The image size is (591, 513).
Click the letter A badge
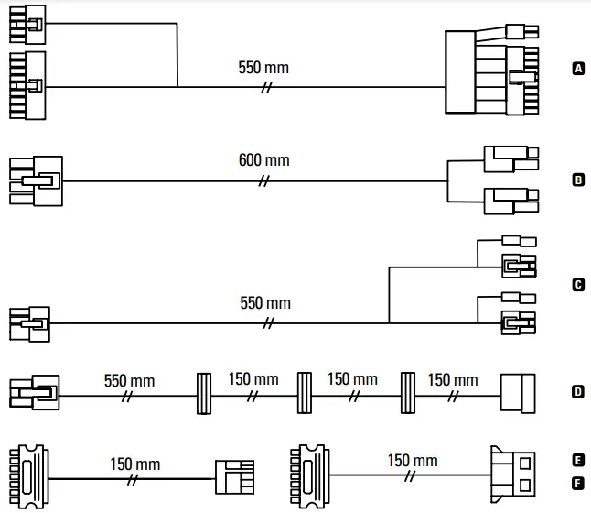point(577,68)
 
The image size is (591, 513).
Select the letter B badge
point(577,180)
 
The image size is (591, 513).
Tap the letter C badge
point(577,285)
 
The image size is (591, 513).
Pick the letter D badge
point(577,392)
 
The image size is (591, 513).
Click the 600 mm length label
point(263,160)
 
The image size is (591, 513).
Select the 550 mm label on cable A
point(263,68)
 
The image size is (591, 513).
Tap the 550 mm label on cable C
point(264,302)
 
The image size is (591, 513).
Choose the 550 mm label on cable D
point(129,380)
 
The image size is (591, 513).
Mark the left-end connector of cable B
point(36,180)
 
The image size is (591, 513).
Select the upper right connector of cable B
point(510,159)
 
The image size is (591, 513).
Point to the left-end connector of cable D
point(35,395)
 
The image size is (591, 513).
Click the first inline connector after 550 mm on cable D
point(205,395)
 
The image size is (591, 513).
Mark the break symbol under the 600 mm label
point(264,180)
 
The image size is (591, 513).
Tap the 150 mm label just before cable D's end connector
point(452,380)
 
